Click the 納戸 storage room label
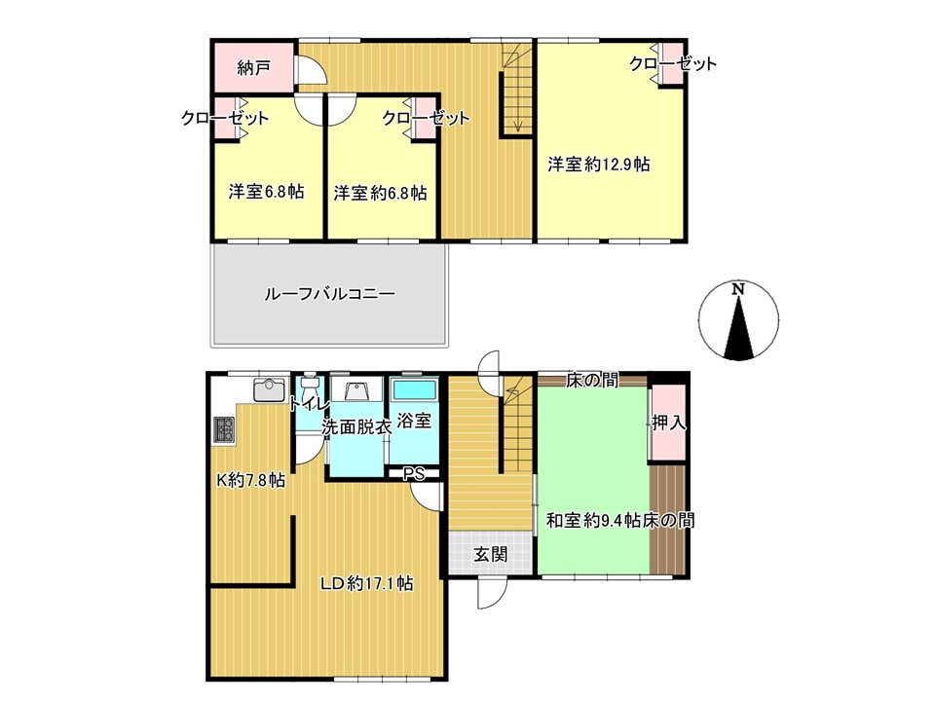[253, 68]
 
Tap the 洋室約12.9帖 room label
[599, 165]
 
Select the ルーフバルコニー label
[330, 294]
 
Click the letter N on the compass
[739, 289]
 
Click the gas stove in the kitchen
[224, 429]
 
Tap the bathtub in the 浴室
[414, 390]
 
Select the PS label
[414, 474]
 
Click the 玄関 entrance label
[491, 555]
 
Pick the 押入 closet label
[668, 423]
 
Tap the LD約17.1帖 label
[367, 583]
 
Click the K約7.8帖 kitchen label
[250, 480]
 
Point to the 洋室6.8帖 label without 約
[266, 192]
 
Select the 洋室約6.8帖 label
[380, 193]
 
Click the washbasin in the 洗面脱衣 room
[357, 390]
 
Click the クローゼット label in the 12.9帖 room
[673, 64]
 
